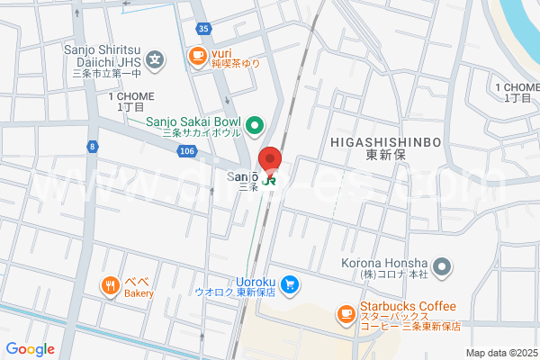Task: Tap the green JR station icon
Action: [x=270, y=179]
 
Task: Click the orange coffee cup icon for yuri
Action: [x=196, y=57]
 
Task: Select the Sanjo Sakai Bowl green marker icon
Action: [x=255, y=125]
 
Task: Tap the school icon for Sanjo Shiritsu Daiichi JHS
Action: [x=157, y=60]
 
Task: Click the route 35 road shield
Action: [x=204, y=29]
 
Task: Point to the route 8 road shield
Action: [x=92, y=145]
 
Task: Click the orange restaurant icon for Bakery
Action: [x=111, y=286]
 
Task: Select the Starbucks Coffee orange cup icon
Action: [x=345, y=313]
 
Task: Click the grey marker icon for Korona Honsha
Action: [x=441, y=266]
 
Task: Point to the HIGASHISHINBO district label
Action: [x=384, y=142]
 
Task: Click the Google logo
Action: [x=30, y=349]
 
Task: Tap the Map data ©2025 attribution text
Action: [x=499, y=352]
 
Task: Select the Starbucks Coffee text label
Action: [x=410, y=307]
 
